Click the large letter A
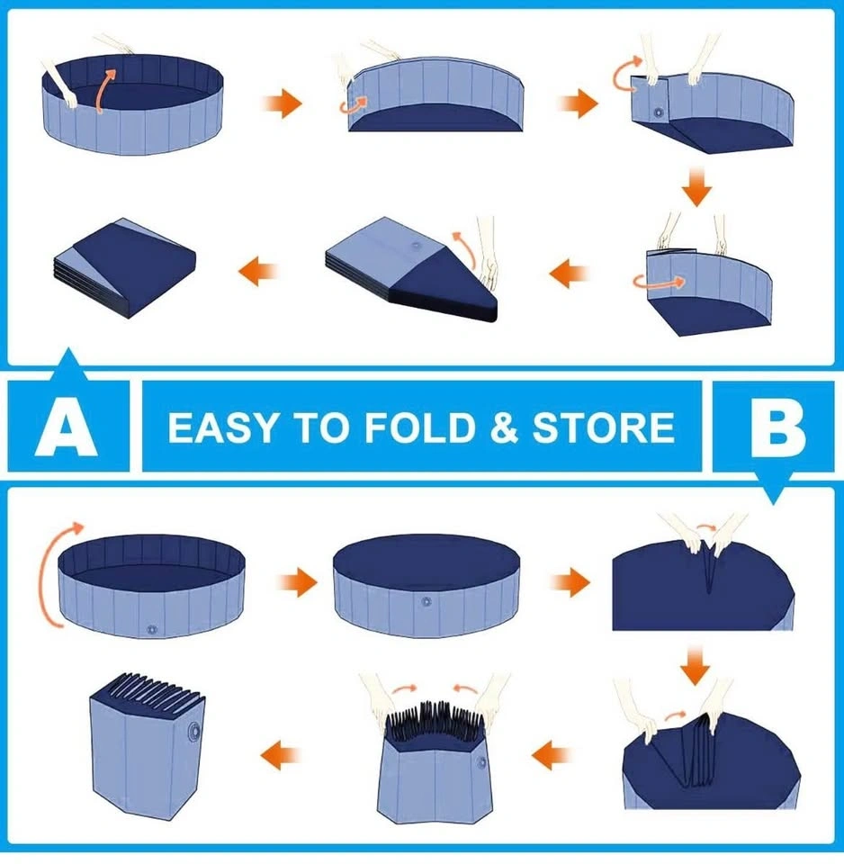click(67, 427)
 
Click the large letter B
click(778, 427)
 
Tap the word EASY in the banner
click(222, 427)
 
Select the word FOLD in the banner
click(420, 427)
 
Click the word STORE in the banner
click(603, 427)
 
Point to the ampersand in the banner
click(504, 427)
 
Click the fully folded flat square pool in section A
click(126, 268)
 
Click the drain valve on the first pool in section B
click(153, 629)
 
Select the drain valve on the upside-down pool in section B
click(426, 602)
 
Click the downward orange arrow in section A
click(697, 187)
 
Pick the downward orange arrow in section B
click(696, 666)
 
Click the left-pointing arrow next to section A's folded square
click(258, 271)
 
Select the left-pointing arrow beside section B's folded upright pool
click(281, 755)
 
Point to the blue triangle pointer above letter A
click(68, 364)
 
